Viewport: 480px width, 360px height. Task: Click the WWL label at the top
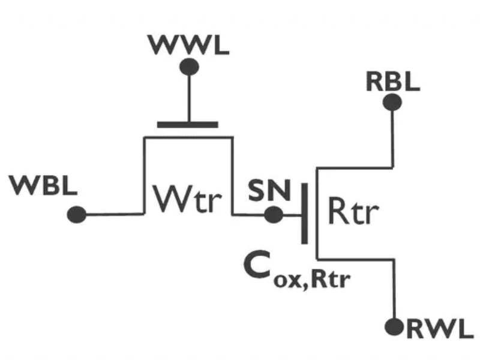190,46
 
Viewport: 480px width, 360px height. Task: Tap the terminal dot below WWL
190,66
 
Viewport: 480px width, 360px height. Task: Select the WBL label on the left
44,187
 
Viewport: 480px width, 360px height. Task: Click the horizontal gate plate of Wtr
187,125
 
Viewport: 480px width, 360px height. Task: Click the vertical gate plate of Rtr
305,214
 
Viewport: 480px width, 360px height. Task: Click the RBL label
392,82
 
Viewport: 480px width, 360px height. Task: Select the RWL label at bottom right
440,329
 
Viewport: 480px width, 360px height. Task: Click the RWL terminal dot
394,327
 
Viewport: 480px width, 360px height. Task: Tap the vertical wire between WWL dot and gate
190,96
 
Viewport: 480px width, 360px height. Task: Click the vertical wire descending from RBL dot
393,135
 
